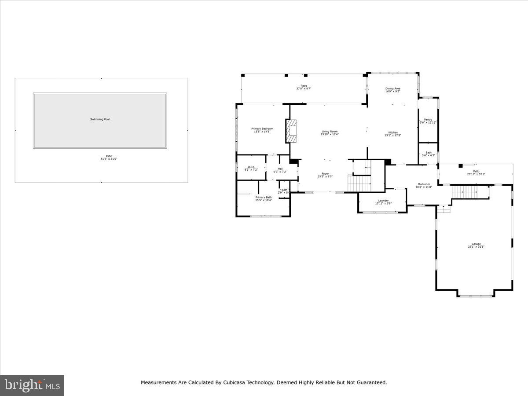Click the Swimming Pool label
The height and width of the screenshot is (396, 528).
click(100, 119)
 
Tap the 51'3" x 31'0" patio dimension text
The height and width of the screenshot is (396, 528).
click(109, 159)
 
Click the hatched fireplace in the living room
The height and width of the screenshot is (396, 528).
click(291, 131)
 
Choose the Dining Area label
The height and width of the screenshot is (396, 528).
click(392, 88)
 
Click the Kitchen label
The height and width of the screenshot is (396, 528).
click(392, 132)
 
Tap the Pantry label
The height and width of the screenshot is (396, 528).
click(428, 119)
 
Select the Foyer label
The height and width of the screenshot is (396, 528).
click(325, 173)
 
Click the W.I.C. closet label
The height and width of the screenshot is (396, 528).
click(251, 167)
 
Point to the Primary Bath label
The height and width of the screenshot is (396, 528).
click(264, 197)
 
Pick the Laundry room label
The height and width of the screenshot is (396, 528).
click(383, 201)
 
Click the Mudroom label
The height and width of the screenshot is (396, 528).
click(424, 184)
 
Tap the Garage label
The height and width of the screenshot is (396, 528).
click(476, 244)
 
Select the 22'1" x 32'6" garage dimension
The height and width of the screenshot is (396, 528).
click(476, 247)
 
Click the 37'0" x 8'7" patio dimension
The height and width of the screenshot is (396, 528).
click(304, 88)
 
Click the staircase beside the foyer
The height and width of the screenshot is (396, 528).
click(359, 183)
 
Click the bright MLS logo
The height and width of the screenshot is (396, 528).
click(32, 385)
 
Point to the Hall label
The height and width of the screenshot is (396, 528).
click(280, 169)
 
